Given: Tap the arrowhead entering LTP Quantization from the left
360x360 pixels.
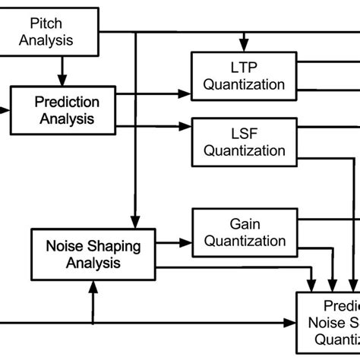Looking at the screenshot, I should pos(185,94).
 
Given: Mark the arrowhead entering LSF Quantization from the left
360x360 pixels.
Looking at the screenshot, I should pos(185,126).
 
